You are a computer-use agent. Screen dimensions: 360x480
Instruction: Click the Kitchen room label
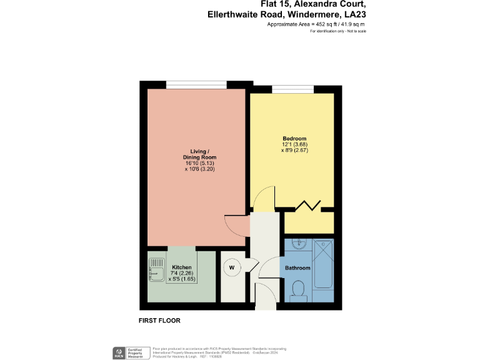[x=182, y=267]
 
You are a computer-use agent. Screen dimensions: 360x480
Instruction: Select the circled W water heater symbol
[x=232, y=267]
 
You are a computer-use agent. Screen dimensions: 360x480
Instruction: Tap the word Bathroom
[x=297, y=268]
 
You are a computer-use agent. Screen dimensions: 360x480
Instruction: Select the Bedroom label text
[x=294, y=138]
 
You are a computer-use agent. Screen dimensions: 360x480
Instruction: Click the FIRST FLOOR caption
[x=159, y=321]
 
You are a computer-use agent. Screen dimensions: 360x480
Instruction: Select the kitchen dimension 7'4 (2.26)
[x=182, y=272]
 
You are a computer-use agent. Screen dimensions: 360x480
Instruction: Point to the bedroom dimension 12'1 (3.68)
[x=294, y=144]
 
